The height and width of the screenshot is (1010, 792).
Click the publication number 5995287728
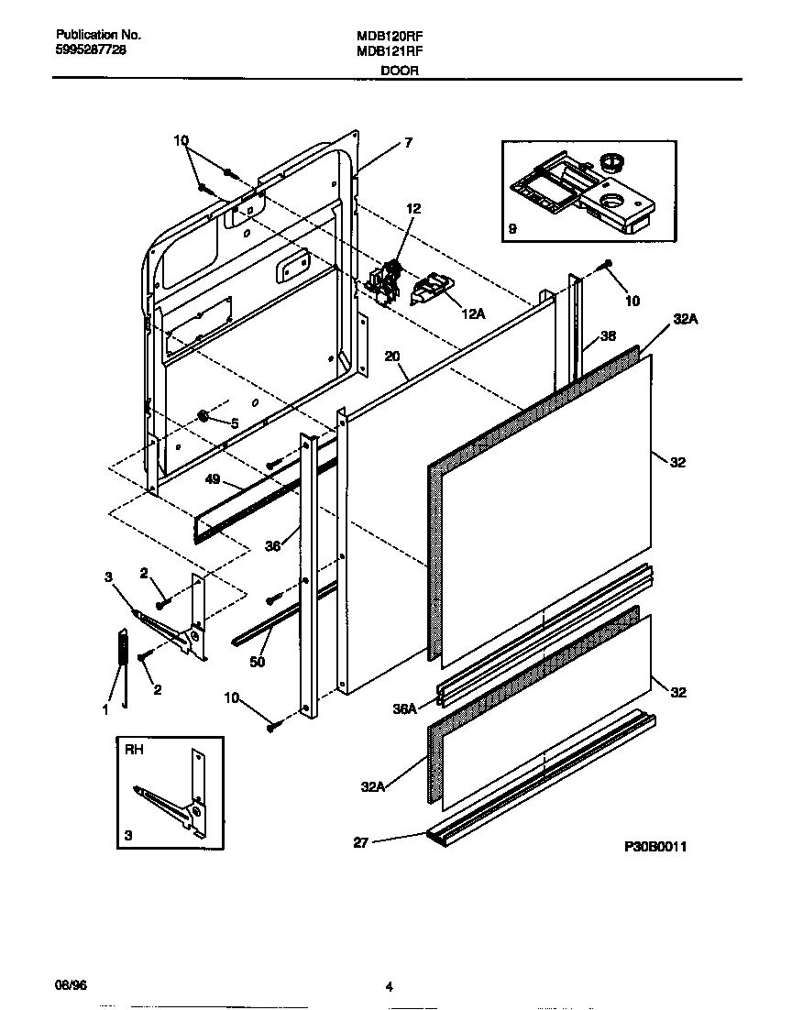84,50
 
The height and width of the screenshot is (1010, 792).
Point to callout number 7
408,143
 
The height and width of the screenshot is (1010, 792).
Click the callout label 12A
472,314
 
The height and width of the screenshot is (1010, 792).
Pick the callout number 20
391,357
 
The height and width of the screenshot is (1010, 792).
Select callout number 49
213,479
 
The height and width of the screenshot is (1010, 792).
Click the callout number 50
258,661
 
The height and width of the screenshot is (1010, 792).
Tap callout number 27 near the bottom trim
360,842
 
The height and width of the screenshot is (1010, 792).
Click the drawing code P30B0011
654,846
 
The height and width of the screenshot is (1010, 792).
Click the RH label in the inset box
133,749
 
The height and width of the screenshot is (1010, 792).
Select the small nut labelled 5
203,418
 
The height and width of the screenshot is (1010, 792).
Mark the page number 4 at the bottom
389,986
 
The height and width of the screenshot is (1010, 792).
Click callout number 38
608,335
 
